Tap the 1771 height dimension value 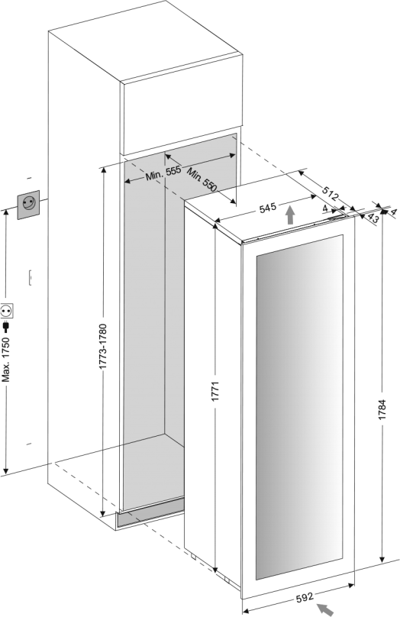coord(215,392)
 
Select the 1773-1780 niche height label coord(103,347)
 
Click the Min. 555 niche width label coord(163,173)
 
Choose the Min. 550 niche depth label coord(202,179)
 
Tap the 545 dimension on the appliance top coord(268,208)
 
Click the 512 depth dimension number coord(330,192)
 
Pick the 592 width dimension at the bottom coord(305,597)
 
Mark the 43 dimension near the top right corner coord(373,218)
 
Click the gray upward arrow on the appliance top coord(290,215)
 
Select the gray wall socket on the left coord(28,205)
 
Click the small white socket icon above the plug coord(7,311)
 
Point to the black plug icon coord(6,327)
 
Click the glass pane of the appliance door coord(299,408)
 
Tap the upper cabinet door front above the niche coord(182,118)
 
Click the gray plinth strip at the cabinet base coord(150,512)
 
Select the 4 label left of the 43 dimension coord(324,208)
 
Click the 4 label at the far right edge coord(394,212)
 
